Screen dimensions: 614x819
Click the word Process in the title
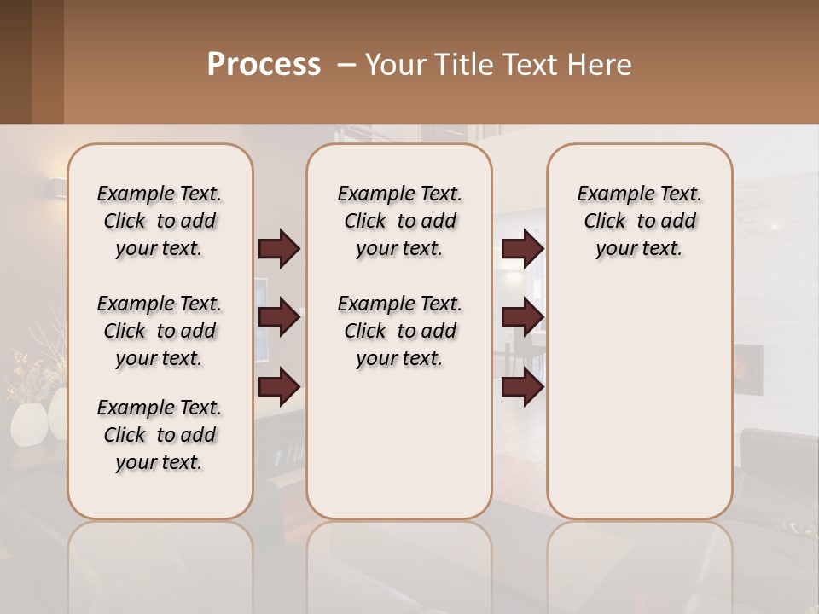click(x=264, y=65)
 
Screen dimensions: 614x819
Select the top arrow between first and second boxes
click(x=279, y=249)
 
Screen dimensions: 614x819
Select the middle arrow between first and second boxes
click(x=279, y=317)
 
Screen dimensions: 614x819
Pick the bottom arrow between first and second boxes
click(x=279, y=387)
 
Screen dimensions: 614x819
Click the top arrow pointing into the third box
click(x=522, y=249)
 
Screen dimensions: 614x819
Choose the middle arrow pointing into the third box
click(x=522, y=317)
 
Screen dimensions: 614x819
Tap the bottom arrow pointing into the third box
click(x=522, y=387)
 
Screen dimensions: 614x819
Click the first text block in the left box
click(x=160, y=221)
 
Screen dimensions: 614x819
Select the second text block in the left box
click(x=160, y=331)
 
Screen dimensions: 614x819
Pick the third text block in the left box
click(x=160, y=435)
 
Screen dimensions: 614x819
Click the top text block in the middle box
click(x=399, y=221)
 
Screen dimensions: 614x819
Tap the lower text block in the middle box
click(x=399, y=331)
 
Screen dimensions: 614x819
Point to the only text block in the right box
click(x=639, y=221)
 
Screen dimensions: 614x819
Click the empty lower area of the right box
click(x=639, y=409)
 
